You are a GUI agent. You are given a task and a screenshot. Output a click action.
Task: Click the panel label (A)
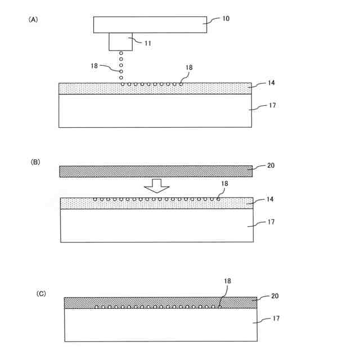pyautogui.click(x=33, y=19)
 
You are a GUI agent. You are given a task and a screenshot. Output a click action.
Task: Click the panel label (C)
pyautogui.click(x=41, y=294)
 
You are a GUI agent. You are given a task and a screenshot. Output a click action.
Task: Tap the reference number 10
pyautogui.click(x=226, y=19)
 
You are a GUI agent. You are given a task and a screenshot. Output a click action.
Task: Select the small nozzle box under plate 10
pyautogui.click(x=120, y=42)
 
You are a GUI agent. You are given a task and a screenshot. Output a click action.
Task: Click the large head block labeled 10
pyautogui.click(x=150, y=25)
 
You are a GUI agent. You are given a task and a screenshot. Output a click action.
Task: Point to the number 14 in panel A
pyautogui.click(x=271, y=83)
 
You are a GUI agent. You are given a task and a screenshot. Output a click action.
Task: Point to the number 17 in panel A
pyautogui.click(x=271, y=105)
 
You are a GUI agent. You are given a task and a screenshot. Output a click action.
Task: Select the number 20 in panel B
pyautogui.click(x=272, y=166)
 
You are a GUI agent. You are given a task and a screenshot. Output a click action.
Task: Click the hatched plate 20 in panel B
pyautogui.click(x=155, y=171)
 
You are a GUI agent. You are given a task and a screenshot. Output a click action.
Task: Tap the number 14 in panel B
pyautogui.click(x=272, y=200)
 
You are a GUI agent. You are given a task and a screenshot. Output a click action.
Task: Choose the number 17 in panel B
pyautogui.click(x=271, y=222)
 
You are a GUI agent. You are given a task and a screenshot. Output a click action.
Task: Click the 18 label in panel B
pyautogui.click(x=224, y=184)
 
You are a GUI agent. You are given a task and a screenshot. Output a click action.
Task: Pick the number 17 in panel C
pyautogui.click(x=276, y=318)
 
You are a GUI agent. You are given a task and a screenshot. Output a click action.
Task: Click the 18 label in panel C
pyautogui.click(x=227, y=280)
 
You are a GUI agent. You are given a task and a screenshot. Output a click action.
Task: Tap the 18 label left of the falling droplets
pyautogui.click(x=94, y=66)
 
